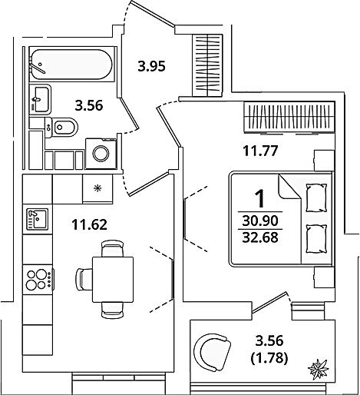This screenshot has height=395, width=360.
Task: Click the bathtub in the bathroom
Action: (71, 65)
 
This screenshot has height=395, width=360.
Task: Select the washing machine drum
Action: (101, 154)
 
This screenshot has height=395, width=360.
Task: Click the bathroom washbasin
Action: (40, 99)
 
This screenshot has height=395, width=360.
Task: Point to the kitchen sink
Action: (38, 219)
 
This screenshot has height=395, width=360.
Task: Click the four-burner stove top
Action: (38, 280)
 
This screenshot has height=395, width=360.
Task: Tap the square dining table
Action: (113, 280)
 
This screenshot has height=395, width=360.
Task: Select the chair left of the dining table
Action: (84, 279)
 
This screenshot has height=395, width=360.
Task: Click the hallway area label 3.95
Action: (152, 66)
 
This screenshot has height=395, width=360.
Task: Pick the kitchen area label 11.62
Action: (89, 224)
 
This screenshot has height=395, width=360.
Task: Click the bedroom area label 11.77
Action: (260, 151)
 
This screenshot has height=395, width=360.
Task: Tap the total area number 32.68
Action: (260, 237)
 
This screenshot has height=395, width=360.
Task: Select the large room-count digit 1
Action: (260, 198)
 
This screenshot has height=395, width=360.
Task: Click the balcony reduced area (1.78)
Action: (269, 357)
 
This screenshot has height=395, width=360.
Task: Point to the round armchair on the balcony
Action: (212, 352)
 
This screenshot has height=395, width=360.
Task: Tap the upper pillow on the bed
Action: (316, 197)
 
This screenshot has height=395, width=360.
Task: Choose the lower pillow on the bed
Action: (316, 239)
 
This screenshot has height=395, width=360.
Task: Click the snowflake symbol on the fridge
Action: (97, 189)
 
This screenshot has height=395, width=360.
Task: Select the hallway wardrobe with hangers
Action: (207, 65)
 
